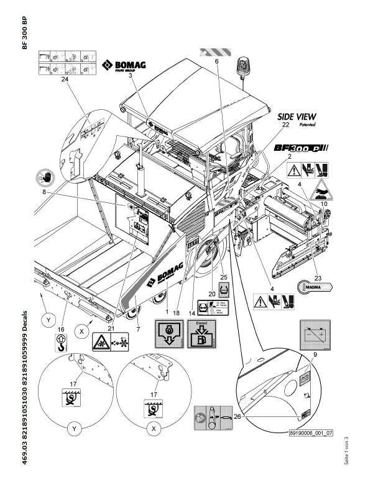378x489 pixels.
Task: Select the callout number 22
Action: (x=287, y=125)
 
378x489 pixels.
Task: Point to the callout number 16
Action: (x=60, y=329)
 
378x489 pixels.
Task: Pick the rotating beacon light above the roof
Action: (x=242, y=65)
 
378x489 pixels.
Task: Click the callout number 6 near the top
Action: (x=217, y=61)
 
